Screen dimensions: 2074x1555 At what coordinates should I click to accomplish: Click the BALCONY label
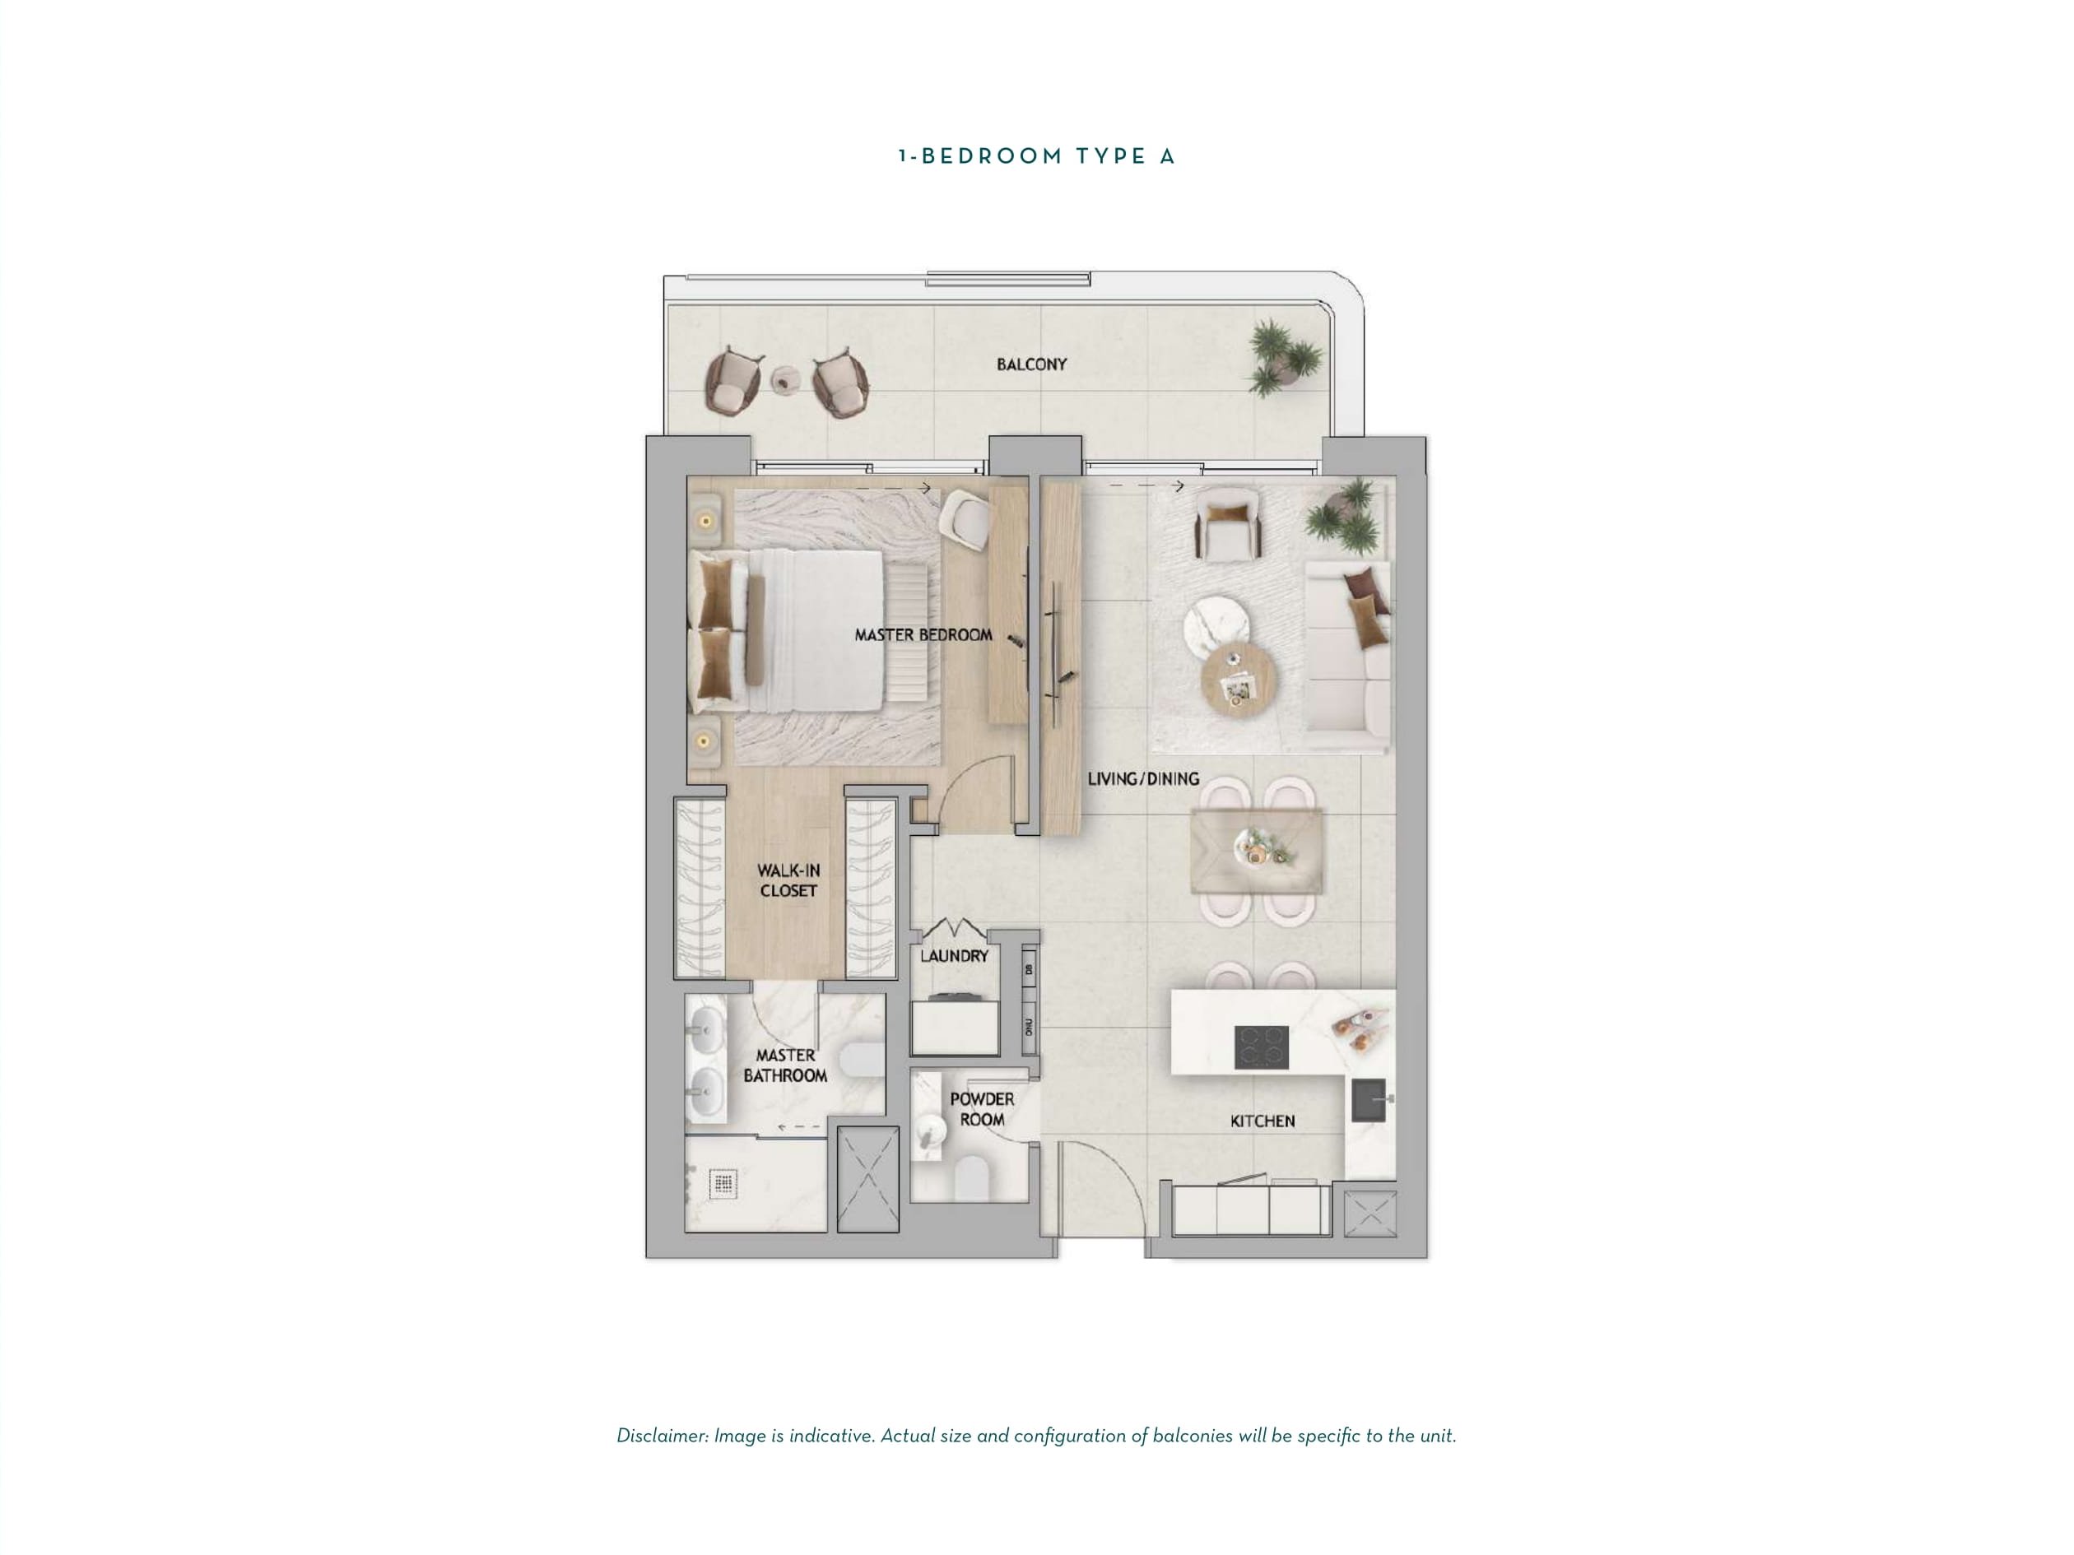(x=1031, y=364)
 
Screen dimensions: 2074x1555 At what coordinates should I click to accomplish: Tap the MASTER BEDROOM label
(x=923, y=634)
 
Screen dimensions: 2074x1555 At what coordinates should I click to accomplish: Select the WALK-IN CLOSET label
(x=788, y=880)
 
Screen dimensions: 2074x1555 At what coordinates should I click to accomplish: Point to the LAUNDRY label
(x=954, y=956)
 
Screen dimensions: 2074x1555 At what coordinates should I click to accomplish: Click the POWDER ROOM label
(x=982, y=1109)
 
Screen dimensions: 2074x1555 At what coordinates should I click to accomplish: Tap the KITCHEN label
(x=1262, y=1121)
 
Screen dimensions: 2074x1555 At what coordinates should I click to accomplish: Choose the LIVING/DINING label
(x=1143, y=778)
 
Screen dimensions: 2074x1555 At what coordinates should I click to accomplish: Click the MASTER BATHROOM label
(x=785, y=1065)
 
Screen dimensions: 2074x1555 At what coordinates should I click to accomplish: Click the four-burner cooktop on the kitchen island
(x=1261, y=1047)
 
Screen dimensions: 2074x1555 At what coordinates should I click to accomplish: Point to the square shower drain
(x=723, y=1184)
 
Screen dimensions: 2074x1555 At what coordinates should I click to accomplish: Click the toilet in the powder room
(x=972, y=1178)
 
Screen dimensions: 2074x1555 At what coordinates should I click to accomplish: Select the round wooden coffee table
(x=1239, y=681)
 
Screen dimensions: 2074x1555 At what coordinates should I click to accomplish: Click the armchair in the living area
(x=1228, y=524)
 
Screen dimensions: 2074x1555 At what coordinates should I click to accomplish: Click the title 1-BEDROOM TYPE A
(x=1036, y=156)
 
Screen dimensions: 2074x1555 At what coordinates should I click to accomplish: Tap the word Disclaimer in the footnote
(x=662, y=1435)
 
